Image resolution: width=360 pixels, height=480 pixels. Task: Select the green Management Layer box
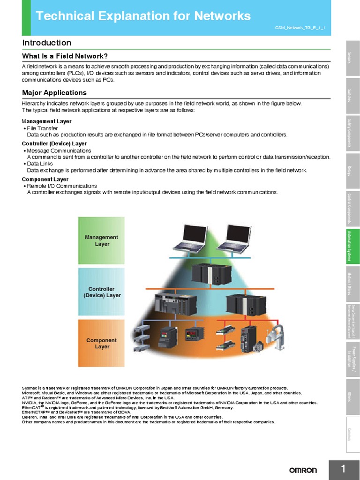click(x=101, y=240)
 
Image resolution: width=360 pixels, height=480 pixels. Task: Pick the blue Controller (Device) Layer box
click(x=102, y=292)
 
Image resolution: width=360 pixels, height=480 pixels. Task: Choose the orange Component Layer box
click(x=101, y=343)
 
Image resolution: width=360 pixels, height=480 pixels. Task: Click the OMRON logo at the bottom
click(x=303, y=470)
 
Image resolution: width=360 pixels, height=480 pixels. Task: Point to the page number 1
click(x=343, y=469)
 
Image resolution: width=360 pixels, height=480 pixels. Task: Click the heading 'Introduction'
click(x=47, y=43)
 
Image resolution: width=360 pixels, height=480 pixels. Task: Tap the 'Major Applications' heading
click(x=54, y=93)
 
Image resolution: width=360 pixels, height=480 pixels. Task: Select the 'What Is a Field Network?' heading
click(x=65, y=56)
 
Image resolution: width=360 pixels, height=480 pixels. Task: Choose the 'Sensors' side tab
click(x=353, y=58)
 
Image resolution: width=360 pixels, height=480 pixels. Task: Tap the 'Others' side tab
click(x=353, y=396)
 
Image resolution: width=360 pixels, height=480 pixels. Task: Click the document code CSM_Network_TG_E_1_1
click(x=302, y=28)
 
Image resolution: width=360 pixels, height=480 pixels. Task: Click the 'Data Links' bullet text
click(x=41, y=164)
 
